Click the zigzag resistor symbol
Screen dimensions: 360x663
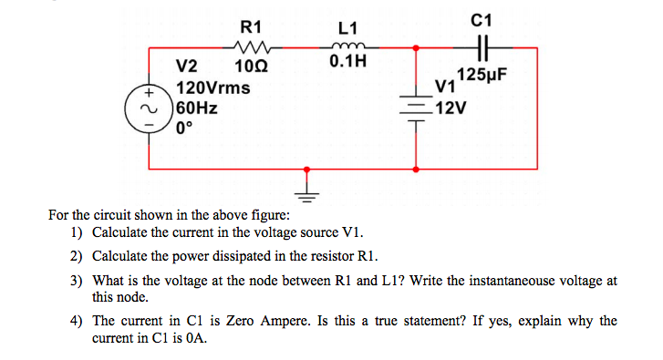click(249, 47)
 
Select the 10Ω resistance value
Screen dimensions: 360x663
click(250, 66)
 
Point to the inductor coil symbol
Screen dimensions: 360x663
click(348, 47)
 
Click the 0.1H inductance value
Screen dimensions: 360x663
click(348, 63)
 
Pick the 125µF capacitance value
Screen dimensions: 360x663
click(482, 75)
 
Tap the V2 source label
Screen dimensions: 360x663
click(186, 66)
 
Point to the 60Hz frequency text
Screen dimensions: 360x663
click(196, 108)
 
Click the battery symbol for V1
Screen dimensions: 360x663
click(418, 106)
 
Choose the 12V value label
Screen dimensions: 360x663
click(451, 108)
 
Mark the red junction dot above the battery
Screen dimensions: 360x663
click(418, 47)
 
